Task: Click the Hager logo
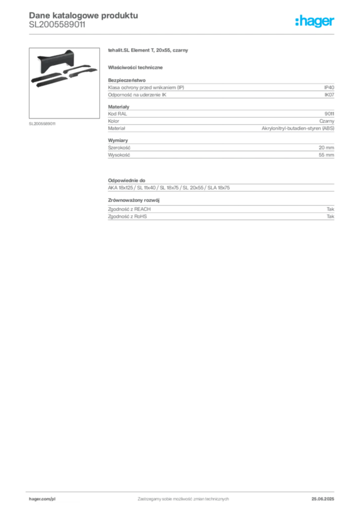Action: point(315,21)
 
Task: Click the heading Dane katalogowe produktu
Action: point(84,15)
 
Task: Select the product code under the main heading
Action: point(57,25)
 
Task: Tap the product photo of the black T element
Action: point(64,83)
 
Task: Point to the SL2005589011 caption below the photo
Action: point(42,124)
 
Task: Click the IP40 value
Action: point(329,87)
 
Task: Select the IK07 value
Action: point(329,95)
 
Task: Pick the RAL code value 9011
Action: point(329,114)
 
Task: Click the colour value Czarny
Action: point(327,121)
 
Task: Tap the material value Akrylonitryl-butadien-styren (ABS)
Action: point(298,128)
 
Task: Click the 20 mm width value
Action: point(326,147)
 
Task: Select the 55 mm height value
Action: point(326,155)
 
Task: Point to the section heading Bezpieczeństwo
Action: point(127,80)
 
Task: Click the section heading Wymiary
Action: point(118,140)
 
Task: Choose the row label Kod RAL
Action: point(117,114)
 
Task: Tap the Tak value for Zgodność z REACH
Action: point(331,209)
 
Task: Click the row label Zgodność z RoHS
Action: point(127,216)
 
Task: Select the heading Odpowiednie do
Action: point(127,180)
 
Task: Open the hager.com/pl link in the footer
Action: point(42,499)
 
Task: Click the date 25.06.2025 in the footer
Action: point(323,499)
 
